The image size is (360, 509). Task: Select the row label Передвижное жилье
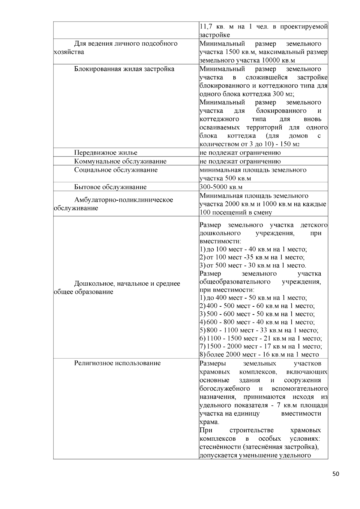[x=106, y=153]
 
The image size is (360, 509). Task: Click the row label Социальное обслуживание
[x=116, y=170]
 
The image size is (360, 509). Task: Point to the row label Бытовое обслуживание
[x=110, y=187]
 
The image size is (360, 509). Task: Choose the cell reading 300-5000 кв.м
[x=221, y=187]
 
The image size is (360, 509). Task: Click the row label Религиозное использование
[x=117, y=363]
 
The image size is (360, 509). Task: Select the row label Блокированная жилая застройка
[x=124, y=69]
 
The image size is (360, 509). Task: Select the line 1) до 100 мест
[x=253, y=249]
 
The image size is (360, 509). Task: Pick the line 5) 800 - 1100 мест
[x=259, y=330]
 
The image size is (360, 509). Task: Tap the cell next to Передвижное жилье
[x=240, y=153]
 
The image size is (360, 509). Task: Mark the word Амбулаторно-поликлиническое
[x=124, y=200]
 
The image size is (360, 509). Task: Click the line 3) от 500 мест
[x=253, y=266]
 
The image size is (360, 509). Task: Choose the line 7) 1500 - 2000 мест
[x=260, y=347]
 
